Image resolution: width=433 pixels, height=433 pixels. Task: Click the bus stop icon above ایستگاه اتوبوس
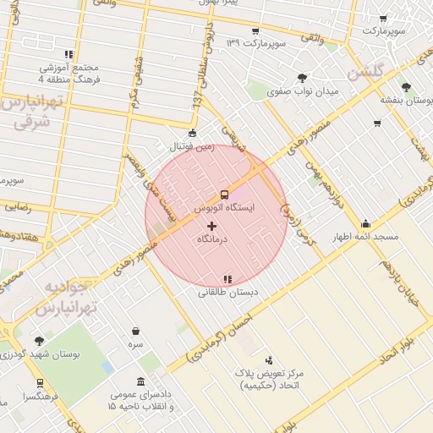tap(224, 193)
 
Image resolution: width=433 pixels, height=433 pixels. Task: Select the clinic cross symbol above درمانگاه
tap(211, 226)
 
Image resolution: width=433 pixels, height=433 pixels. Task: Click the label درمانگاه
tap(211, 241)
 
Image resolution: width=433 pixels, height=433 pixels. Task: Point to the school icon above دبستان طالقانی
tap(227, 278)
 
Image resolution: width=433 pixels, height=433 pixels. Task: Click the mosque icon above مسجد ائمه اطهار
tap(365, 224)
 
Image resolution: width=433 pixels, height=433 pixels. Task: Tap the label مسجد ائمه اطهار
tap(364, 238)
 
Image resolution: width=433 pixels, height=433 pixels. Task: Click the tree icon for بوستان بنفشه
tap(408, 86)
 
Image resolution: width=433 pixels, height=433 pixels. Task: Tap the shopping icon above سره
tap(136, 332)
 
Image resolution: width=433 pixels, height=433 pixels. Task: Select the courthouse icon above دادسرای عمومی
tap(140, 381)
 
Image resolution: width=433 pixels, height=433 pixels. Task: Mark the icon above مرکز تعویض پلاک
tap(270, 360)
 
